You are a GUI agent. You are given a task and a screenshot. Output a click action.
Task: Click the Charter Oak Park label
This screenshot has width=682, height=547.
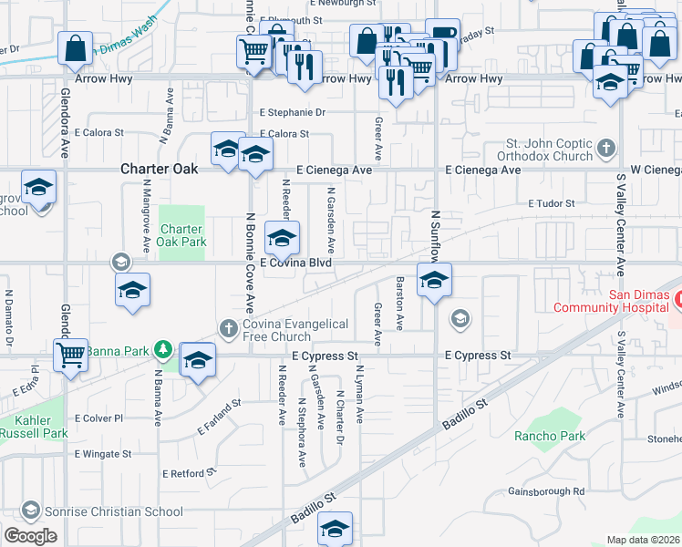[x=182, y=235]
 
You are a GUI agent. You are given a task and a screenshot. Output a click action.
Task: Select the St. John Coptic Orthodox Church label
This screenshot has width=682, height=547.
[x=550, y=150]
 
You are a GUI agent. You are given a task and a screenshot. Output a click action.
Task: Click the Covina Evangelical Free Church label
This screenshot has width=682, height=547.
[x=296, y=330]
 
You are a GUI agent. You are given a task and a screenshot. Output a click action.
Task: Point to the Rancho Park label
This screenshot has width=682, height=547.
[x=548, y=436]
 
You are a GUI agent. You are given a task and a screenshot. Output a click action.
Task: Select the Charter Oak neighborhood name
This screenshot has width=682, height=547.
[x=156, y=170]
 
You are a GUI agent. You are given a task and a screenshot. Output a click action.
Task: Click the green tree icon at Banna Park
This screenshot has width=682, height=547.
[x=162, y=348]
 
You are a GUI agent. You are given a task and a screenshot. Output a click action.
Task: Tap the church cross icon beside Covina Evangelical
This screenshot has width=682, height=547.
[x=229, y=327]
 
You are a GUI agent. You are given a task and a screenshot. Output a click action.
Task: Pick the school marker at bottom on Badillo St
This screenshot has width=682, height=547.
[x=335, y=528]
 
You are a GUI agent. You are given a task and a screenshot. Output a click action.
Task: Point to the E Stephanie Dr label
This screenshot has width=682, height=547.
[x=292, y=113]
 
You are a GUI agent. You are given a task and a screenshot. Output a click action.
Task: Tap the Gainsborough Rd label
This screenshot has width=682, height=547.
[x=548, y=491]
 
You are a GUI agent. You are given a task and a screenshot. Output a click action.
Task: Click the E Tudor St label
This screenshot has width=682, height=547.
[x=552, y=204]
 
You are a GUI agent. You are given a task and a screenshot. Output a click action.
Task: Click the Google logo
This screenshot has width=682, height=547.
[x=30, y=536]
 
